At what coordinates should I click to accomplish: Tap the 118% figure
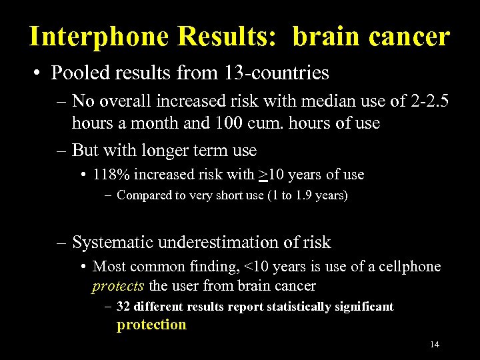point(112,175)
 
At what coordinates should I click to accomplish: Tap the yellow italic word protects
point(118,286)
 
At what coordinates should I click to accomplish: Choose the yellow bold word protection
point(151,325)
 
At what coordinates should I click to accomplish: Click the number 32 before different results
point(123,307)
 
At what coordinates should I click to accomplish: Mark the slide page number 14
point(435,345)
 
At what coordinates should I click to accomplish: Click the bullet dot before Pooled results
point(41,73)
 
